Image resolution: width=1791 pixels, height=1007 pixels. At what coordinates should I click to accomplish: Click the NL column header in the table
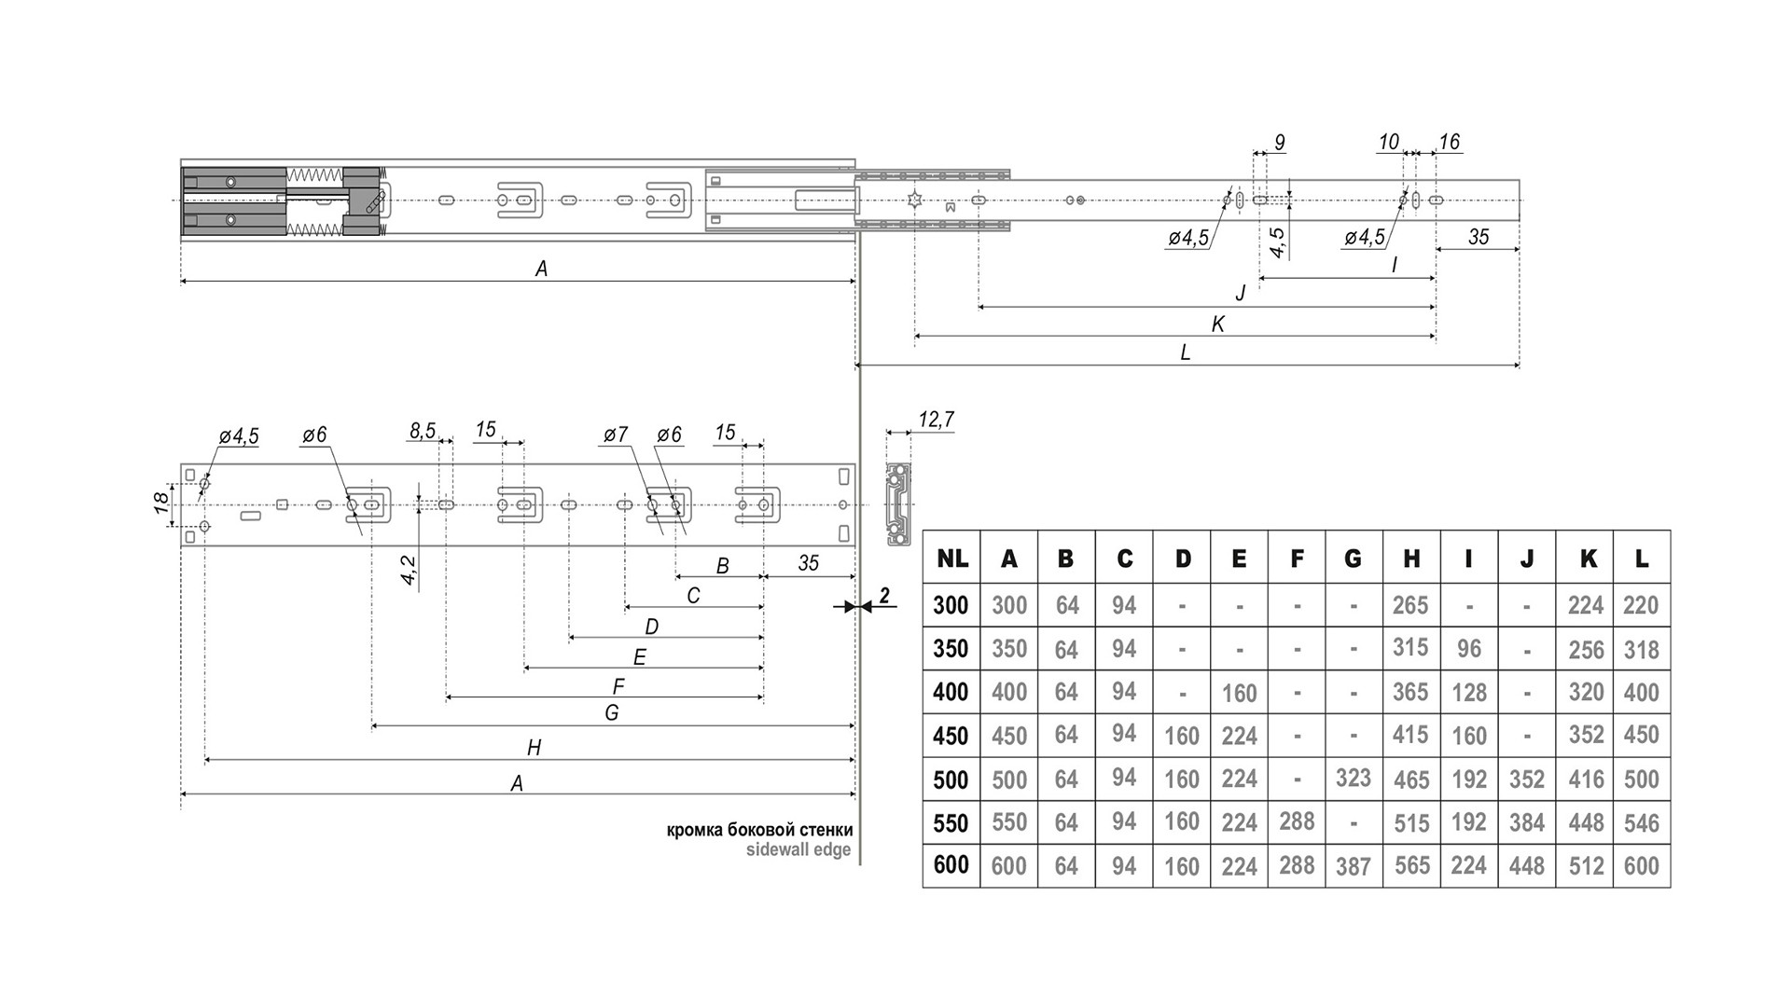(x=951, y=559)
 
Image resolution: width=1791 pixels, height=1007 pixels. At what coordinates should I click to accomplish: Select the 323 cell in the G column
(x=1353, y=778)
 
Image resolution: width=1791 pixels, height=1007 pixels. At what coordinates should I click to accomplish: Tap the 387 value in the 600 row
(x=1353, y=866)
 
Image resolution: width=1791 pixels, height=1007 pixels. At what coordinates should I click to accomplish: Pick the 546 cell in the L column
(x=1641, y=822)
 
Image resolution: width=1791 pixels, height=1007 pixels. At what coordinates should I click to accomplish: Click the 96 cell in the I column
(x=1468, y=648)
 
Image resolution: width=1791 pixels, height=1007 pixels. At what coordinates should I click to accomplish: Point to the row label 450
(x=951, y=736)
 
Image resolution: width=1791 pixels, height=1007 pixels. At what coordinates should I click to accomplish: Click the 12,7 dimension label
(x=936, y=420)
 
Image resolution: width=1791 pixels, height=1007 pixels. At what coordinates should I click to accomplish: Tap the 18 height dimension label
(x=160, y=504)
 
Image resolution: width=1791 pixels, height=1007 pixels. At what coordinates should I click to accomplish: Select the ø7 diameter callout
(x=616, y=435)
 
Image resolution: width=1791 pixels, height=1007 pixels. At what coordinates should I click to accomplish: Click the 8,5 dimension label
(x=422, y=430)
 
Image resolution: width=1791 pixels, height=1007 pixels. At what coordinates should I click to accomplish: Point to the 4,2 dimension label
(x=408, y=569)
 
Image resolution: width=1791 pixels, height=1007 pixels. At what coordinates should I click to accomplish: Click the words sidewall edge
(x=798, y=849)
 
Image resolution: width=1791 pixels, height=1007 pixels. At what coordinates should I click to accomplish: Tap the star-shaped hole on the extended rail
(x=915, y=200)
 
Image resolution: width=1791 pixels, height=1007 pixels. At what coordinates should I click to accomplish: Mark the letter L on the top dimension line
(x=1185, y=352)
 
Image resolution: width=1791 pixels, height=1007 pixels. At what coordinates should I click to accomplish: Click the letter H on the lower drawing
(x=534, y=747)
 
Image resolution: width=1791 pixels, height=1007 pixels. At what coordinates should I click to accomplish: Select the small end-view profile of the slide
(x=897, y=504)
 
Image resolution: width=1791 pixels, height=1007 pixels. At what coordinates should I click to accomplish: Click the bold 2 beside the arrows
(x=884, y=597)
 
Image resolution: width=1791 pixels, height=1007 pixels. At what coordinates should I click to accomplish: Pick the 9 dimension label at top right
(x=1279, y=143)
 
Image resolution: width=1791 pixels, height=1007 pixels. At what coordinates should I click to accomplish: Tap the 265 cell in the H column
(x=1410, y=605)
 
